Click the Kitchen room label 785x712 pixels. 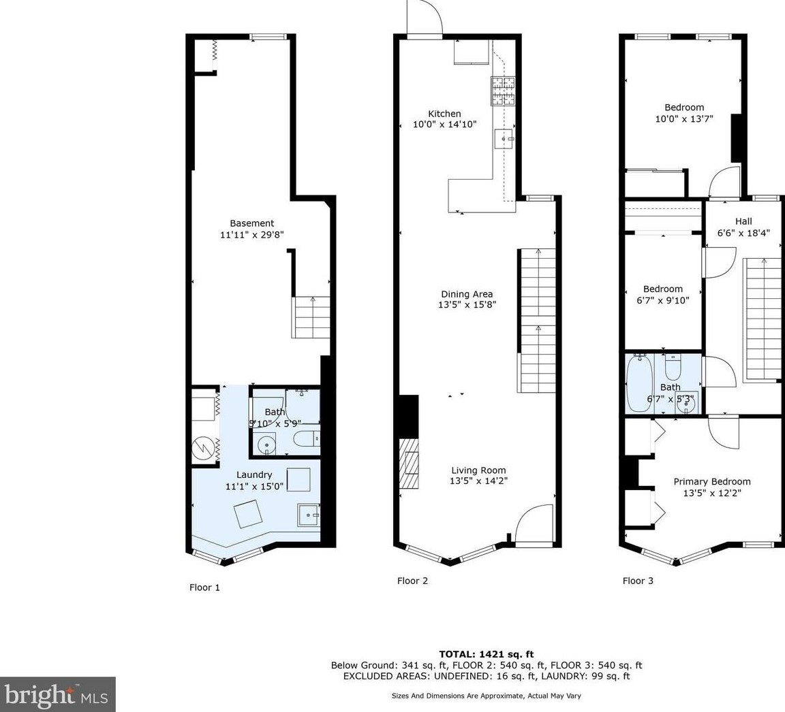[x=444, y=114]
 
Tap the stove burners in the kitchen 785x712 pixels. [x=503, y=91]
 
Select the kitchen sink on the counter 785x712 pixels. [x=504, y=138]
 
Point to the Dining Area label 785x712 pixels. [x=467, y=294]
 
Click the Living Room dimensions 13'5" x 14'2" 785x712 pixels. [x=478, y=481]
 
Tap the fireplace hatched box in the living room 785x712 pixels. [x=409, y=463]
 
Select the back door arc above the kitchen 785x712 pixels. [x=425, y=18]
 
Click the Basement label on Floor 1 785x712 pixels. [x=252, y=223]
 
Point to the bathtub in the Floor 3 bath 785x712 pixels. [x=639, y=383]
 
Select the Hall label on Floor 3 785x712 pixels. [x=743, y=221]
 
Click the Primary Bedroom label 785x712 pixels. [x=712, y=481]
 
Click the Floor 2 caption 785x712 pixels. [x=412, y=581]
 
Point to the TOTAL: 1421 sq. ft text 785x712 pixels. [x=486, y=654]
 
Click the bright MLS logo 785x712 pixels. [x=57, y=694]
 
